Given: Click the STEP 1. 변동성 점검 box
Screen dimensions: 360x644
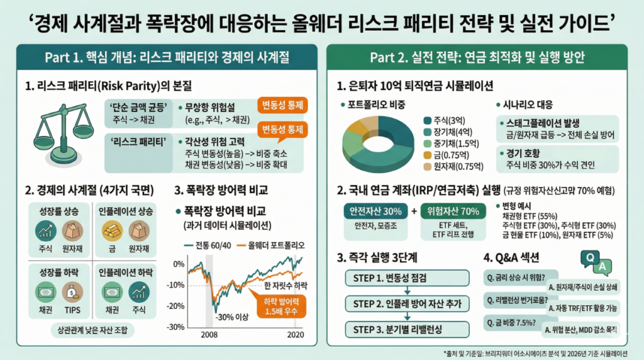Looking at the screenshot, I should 407,278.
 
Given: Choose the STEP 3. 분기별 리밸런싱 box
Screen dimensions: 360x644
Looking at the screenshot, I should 407,329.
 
